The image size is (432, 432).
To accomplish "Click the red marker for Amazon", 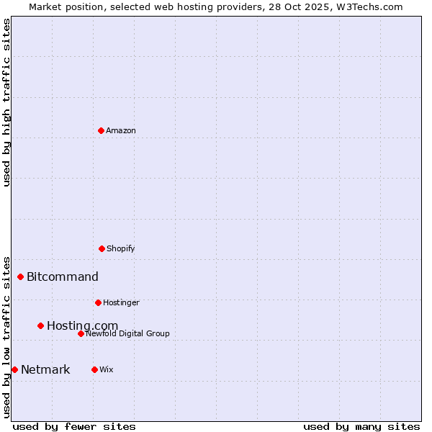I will click(x=101, y=130).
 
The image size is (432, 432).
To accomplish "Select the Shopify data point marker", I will click(x=102, y=248).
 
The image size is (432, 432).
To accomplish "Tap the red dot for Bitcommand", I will click(x=20, y=276).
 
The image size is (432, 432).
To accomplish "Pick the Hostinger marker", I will click(x=98, y=302).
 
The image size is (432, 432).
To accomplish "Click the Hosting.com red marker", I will click(x=40, y=325).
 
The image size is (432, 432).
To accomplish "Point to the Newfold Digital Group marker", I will click(x=81, y=333).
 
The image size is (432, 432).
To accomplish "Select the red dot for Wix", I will click(x=94, y=369).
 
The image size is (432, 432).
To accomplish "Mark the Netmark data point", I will click(x=14, y=369).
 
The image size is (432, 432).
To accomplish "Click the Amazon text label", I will click(x=121, y=130).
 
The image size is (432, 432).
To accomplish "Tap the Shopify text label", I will click(x=121, y=248).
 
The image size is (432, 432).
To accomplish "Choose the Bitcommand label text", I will click(x=63, y=276).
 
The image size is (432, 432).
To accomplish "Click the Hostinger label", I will click(x=121, y=302).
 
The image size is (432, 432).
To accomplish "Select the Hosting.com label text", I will click(x=82, y=326).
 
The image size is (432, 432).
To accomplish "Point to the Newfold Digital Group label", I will click(x=127, y=333).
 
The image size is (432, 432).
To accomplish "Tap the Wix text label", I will click(x=107, y=369).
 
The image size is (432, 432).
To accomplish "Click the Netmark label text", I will click(x=45, y=370).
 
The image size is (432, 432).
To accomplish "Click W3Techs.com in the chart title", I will click(x=372, y=6).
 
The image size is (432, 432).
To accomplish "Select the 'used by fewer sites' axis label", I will click(x=74, y=426).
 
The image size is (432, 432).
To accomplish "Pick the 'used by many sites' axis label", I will click(x=361, y=426).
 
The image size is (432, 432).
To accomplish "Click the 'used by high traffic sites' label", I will click(x=6, y=102).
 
